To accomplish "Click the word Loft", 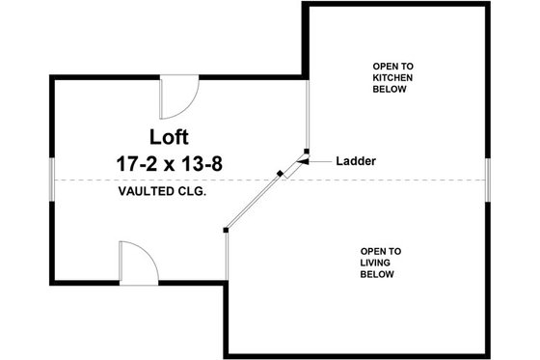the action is (171, 134).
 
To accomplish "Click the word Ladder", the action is (357, 160).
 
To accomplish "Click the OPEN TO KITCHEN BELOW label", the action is (390, 77).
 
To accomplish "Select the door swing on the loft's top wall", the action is (177, 95).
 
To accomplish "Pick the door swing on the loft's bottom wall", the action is (137, 262).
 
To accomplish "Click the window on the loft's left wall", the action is (50, 180).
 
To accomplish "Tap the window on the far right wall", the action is (489, 180).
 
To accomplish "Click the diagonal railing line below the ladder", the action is (253, 202).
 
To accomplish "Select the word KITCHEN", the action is (390, 77).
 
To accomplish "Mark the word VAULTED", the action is (145, 191).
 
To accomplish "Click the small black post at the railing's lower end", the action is (225, 230).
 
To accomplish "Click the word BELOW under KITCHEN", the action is (390, 89).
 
